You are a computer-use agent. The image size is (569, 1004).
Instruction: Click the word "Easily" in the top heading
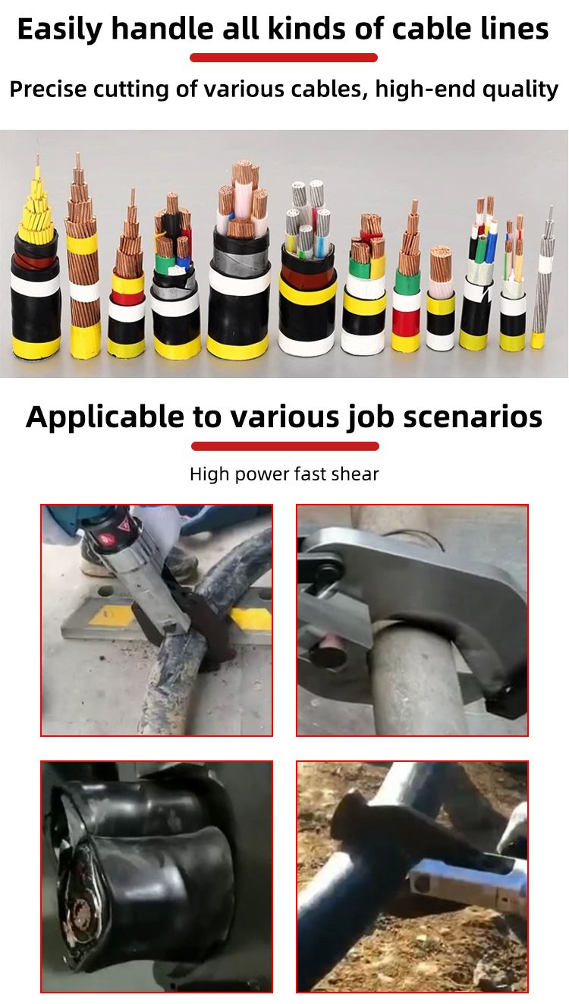click(x=60, y=30)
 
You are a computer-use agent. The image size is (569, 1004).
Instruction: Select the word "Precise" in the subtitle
click(x=48, y=89)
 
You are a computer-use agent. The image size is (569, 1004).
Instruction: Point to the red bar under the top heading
click(x=284, y=58)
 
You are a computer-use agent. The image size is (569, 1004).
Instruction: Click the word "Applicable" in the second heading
click(x=105, y=417)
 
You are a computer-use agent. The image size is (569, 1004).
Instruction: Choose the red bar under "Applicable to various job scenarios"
click(x=285, y=446)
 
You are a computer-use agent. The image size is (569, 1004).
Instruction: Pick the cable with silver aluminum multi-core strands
click(x=307, y=269)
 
